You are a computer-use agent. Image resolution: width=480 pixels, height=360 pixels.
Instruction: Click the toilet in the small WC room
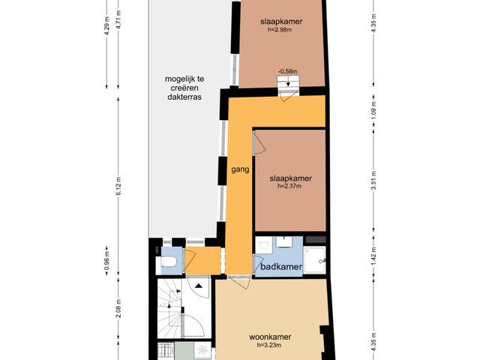click(x=169, y=262)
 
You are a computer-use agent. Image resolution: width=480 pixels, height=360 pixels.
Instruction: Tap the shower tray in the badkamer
click(x=315, y=260)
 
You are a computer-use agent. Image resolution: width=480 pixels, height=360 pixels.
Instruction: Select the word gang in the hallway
click(x=240, y=169)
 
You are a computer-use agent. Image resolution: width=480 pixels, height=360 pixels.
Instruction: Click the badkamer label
click(x=281, y=266)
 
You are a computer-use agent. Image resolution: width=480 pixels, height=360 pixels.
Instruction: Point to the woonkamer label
click(x=270, y=337)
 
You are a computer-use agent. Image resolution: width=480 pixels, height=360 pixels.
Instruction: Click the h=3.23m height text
click(x=269, y=345)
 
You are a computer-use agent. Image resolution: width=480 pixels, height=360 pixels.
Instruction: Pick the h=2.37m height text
click(x=289, y=186)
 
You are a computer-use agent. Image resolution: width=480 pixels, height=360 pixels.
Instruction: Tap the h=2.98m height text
click(x=280, y=30)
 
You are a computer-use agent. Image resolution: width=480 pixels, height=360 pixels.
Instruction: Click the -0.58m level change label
click(x=287, y=71)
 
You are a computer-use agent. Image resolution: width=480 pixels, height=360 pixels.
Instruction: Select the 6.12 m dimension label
click(x=118, y=186)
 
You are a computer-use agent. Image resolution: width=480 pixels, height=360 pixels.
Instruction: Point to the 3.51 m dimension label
click(x=373, y=181)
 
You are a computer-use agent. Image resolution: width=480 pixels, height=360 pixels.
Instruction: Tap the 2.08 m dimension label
click(x=118, y=308)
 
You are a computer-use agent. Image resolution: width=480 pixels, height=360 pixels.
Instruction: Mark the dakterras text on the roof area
click(x=184, y=97)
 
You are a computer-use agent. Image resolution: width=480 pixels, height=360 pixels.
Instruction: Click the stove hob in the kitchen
click(x=166, y=351)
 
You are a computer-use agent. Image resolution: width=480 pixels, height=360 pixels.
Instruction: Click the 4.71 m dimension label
click(x=118, y=19)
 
